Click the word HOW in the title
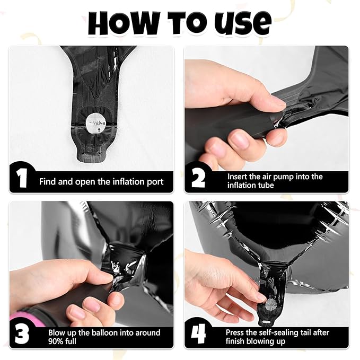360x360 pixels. coord(124,23)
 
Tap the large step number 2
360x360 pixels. coord(198,179)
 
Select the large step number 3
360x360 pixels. coord(22,334)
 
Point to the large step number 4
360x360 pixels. coord(198,335)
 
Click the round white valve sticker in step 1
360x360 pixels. coord(95,124)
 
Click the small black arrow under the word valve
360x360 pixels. coord(99,130)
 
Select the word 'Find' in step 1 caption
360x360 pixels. coord(48,182)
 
